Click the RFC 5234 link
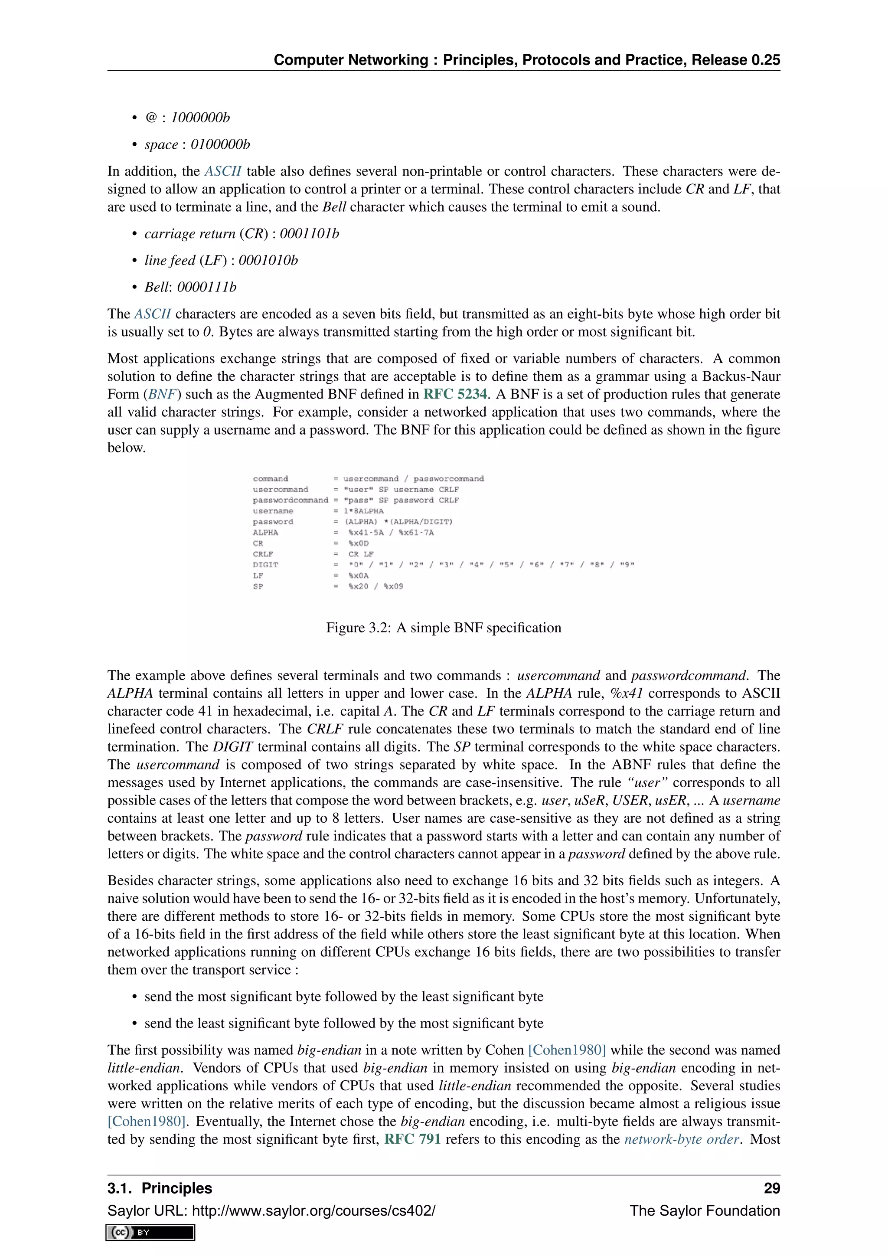click(x=455, y=394)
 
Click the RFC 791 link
click(x=412, y=1139)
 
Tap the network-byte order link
click(x=681, y=1139)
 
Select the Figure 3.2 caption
click(x=444, y=628)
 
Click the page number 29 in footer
click(x=771, y=1188)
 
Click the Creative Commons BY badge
click(x=150, y=1232)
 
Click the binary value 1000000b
click(x=200, y=118)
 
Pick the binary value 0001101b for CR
click(x=309, y=234)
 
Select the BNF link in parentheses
click(x=161, y=394)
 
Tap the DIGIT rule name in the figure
click(x=265, y=565)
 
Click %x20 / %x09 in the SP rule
click(x=375, y=586)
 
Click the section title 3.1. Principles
click(x=160, y=1188)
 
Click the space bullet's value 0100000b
click(x=220, y=144)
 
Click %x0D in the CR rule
click(x=358, y=543)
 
